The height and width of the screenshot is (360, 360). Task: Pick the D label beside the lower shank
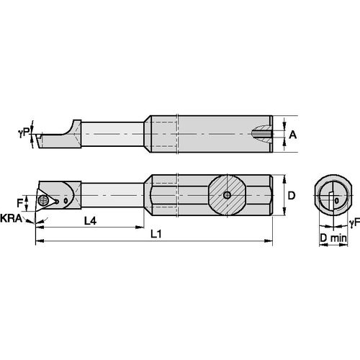pos(291,194)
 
